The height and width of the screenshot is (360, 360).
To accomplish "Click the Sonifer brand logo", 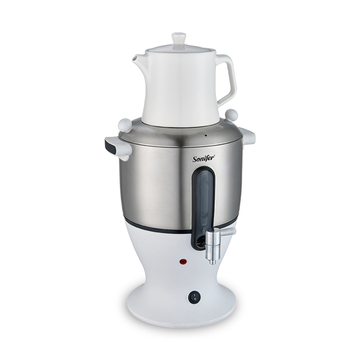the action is point(204,159).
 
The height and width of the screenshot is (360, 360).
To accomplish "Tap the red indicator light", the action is point(183,262).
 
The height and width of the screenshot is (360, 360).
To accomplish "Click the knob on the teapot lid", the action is point(179,39).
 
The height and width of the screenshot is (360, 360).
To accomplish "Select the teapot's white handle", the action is point(226,79).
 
